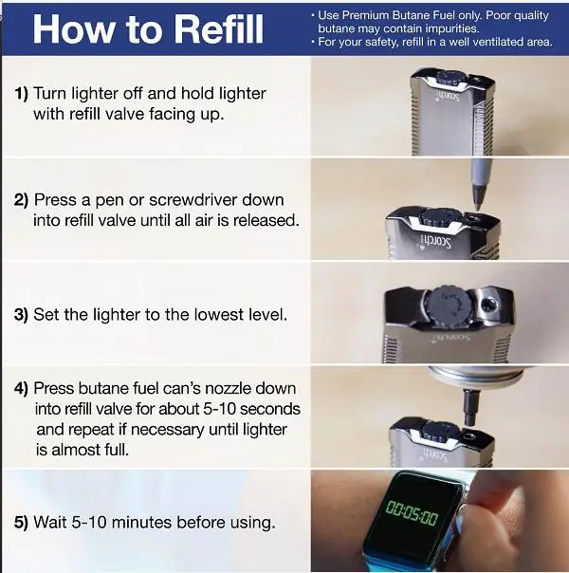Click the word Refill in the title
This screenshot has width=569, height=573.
[x=218, y=28]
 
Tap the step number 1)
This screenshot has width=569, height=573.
[x=21, y=94]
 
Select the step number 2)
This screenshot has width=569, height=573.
[x=21, y=200]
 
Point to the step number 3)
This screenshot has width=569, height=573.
[x=21, y=315]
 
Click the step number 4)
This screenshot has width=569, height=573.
[x=21, y=388]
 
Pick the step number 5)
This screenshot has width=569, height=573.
[x=21, y=522]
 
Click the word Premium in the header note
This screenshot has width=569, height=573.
[x=366, y=15]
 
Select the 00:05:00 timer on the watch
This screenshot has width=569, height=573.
[x=412, y=508]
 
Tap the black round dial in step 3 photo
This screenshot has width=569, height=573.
[x=448, y=305]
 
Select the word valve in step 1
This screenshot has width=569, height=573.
[x=124, y=114]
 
